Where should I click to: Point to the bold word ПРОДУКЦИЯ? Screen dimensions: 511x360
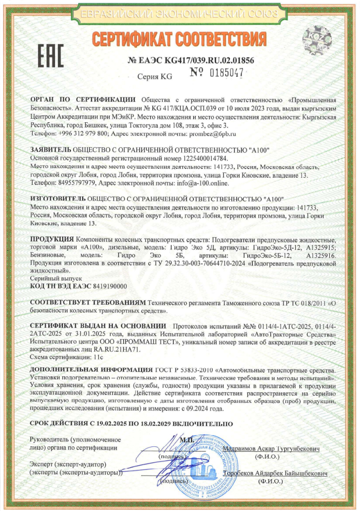[x=52, y=240]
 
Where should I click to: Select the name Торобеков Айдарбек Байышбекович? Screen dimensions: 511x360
[x=275, y=474]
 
